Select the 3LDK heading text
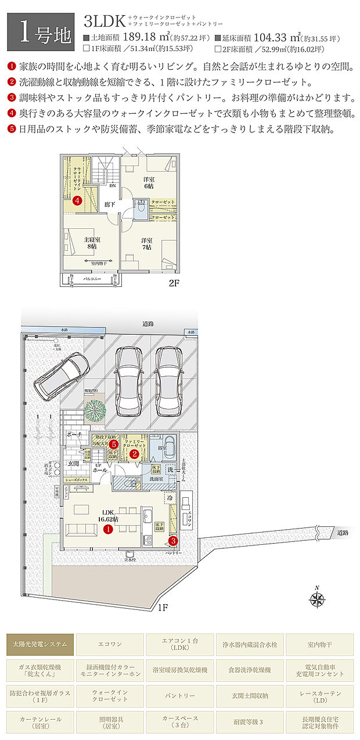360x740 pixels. [x=105, y=23]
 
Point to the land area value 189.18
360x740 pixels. [x=143, y=38]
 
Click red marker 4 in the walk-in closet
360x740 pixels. [x=77, y=200]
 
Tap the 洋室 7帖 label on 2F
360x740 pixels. [x=147, y=243]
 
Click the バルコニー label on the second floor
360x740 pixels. [x=92, y=279]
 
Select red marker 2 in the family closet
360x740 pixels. [x=134, y=454]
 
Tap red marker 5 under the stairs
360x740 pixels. [x=114, y=444]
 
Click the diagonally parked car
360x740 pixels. [x=62, y=374]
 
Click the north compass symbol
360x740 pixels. [x=316, y=599]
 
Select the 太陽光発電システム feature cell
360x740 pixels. [x=40, y=644]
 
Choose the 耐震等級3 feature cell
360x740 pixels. [x=249, y=721]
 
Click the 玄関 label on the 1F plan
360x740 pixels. [x=73, y=463]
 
